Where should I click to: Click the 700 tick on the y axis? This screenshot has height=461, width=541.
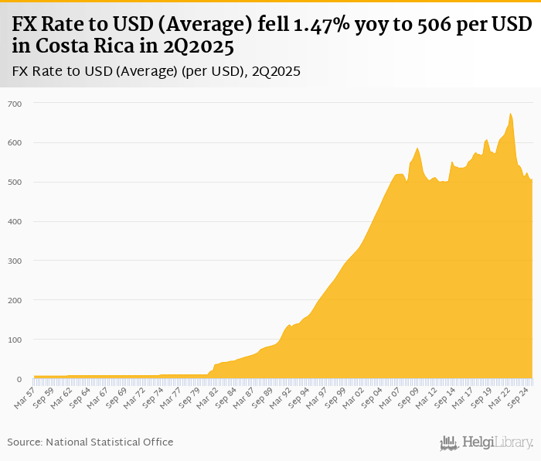pyautogui.click(x=15, y=104)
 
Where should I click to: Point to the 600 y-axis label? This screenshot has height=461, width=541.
pyautogui.click(x=15, y=143)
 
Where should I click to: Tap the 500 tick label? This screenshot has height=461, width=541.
pyautogui.click(x=15, y=183)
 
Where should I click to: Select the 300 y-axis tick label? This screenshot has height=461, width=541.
pyautogui.click(x=15, y=261)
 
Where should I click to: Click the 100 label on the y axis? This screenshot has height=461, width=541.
pyautogui.click(x=15, y=340)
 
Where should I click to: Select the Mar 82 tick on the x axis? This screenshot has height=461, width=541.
pyautogui.click(x=206, y=395)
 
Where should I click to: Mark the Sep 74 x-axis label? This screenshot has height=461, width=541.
pyautogui.click(x=152, y=395)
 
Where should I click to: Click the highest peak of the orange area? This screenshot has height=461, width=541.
pyautogui.click(x=511, y=114)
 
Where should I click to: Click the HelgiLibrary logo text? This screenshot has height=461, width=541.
pyautogui.click(x=498, y=442)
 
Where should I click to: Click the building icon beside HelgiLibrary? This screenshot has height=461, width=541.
pyautogui.click(x=449, y=442)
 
